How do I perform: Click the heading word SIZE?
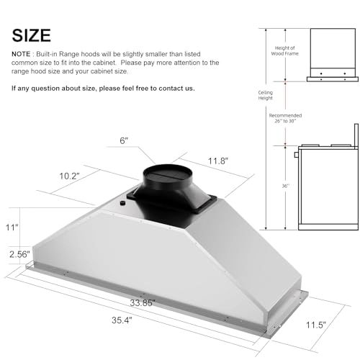point(31,35)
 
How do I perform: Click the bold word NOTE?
point(22,55)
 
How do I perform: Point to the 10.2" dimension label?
point(69,176)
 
